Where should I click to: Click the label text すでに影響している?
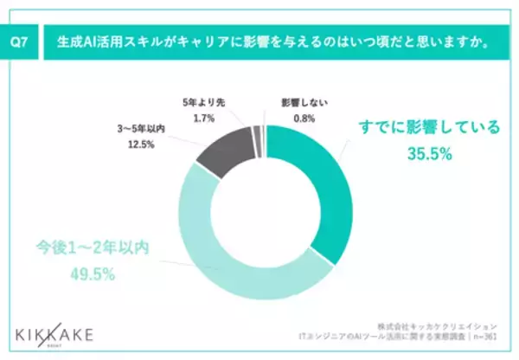click(x=430, y=128)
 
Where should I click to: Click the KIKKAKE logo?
click(x=58, y=333)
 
